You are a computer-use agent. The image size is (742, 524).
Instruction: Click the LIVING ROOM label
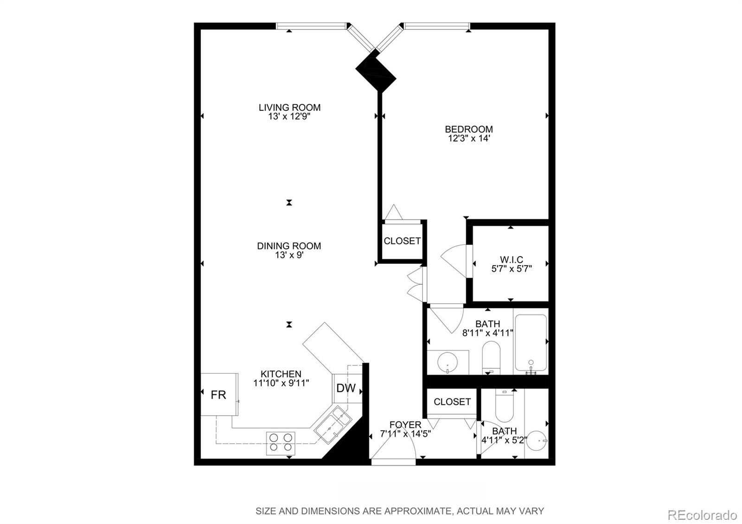tap(289, 108)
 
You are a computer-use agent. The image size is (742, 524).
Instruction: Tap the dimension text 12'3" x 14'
tap(468, 138)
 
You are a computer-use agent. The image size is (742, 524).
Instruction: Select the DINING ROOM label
tap(289, 246)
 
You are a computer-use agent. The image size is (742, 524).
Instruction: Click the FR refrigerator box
tap(219, 395)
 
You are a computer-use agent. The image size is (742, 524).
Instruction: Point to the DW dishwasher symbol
tap(346, 389)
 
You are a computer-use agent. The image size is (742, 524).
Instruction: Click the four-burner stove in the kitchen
tap(281, 442)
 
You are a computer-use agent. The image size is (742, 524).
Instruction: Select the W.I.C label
tap(511, 260)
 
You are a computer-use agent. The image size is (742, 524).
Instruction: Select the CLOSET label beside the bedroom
tap(402, 241)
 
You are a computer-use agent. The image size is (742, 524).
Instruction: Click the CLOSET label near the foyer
tap(452, 402)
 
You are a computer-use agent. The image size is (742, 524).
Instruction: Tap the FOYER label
tap(405, 425)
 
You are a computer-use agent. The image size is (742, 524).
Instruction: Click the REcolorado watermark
tap(702, 515)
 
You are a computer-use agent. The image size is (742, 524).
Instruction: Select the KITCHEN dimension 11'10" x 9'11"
tap(281, 383)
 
